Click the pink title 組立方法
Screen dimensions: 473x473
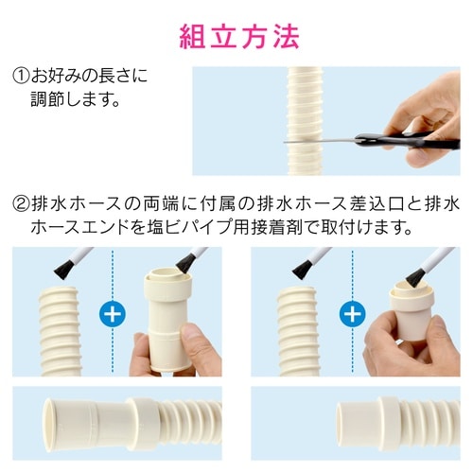tap(239, 35)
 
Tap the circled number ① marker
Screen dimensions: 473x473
tap(20, 75)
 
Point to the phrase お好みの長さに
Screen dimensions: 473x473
tap(89, 75)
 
